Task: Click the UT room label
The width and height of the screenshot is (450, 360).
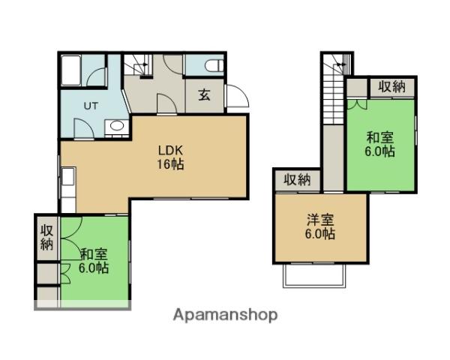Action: (x=91, y=106)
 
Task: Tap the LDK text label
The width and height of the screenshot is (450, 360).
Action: (x=170, y=151)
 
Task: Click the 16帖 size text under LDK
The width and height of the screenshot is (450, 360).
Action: (x=170, y=164)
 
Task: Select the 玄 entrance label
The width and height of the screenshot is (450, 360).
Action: (x=204, y=94)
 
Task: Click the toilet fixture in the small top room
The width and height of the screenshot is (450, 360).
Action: (x=214, y=65)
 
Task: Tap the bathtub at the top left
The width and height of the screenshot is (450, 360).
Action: (x=70, y=70)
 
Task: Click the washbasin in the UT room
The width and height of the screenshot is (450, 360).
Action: (x=116, y=126)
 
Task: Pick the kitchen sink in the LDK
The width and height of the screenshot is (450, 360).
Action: (x=68, y=176)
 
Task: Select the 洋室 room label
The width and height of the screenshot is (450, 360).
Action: (x=320, y=220)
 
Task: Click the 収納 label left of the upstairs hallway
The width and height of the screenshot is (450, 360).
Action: (x=297, y=180)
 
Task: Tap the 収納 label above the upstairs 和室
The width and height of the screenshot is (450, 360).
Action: (x=391, y=86)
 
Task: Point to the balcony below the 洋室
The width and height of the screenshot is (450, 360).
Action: (x=314, y=275)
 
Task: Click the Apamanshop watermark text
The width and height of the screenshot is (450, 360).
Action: (x=225, y=316)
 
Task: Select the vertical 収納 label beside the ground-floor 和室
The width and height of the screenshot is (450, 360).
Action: (x=47, y=238)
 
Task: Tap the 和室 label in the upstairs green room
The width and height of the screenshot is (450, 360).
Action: (x=380, y=137)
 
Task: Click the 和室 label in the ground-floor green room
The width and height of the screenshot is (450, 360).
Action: (x=94, y=254)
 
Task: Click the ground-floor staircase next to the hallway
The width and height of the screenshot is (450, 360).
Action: (x=138, y=66)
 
